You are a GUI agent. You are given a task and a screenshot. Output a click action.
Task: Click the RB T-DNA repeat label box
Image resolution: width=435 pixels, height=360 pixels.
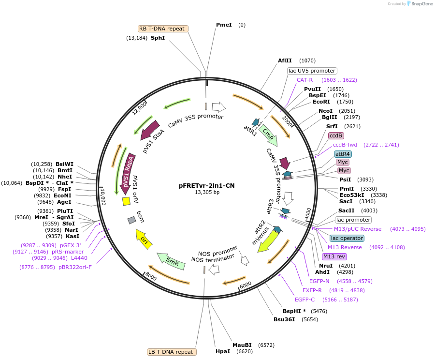[x=162, y=29]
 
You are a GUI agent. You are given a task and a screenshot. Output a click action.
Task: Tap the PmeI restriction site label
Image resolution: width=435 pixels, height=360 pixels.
[x=224, y=25]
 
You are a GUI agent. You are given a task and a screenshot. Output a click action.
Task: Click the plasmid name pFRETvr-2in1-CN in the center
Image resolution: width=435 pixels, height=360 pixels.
[x=207, y=185]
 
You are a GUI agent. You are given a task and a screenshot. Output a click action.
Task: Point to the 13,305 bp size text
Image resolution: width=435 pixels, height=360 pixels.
[x=207, y=192]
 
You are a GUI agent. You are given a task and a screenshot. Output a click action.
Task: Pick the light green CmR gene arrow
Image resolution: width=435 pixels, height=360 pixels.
[x=268, y=135]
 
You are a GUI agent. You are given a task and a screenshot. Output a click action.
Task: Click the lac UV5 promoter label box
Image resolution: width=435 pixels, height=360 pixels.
[x=312, y=71]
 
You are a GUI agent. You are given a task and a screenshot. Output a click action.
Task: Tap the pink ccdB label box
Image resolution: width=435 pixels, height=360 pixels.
[x=336, y=135]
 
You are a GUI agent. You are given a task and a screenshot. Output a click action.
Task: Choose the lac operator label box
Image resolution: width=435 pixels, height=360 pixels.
[x=347, y=238]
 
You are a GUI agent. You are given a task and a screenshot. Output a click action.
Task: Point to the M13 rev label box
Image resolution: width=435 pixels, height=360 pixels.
[x=334, y=256]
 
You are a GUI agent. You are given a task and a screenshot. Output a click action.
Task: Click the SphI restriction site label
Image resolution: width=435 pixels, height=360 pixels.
[x=158, y=37]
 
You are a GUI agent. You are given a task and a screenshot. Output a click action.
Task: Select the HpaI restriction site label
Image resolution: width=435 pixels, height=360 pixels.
[x=223, y=351]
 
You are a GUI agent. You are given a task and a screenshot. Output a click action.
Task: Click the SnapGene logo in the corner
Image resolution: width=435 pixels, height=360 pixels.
[x=420, y=4]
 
